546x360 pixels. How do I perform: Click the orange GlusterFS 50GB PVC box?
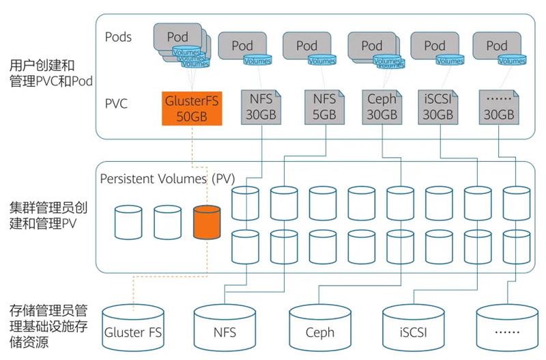pos(192,107)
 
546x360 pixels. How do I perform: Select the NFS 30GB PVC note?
pos(259,107)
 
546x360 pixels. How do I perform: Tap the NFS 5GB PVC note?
pos(324,107)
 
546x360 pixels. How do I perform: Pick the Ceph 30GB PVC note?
pos(382,107)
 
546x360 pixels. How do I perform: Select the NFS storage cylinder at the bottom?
pos(225,330)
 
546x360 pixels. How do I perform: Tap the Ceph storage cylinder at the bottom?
pos(320,330)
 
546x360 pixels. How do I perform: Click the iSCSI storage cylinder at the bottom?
pos(413,330)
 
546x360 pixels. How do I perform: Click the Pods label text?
pos(119,36)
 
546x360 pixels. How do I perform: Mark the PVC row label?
pos(116,105)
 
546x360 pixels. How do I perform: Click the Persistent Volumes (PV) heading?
pos(167,179)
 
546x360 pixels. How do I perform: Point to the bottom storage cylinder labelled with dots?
pos(506,330)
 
